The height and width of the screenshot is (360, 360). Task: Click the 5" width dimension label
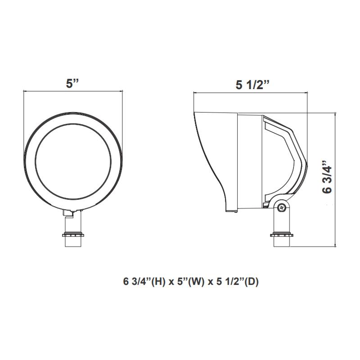(x=72, y=83)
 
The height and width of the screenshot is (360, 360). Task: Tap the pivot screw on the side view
(x=282, y=207)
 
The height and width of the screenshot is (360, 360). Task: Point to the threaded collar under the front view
(x=72, y=234)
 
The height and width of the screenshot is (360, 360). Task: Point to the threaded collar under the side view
(x=282, y=234)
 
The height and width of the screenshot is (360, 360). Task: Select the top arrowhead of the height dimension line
(x=335, y=115)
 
